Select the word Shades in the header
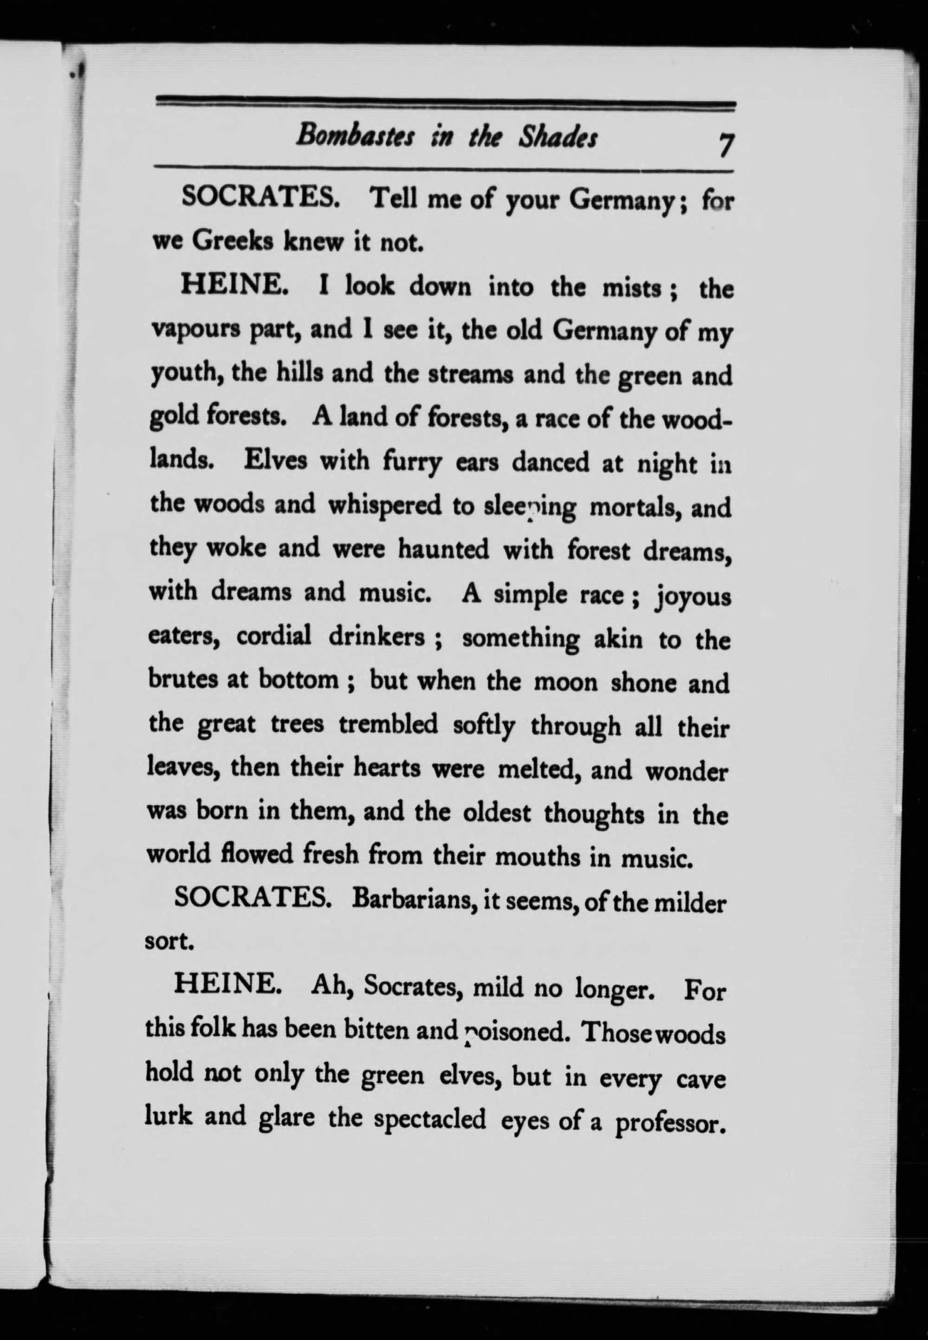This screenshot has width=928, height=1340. (x=558, y=138)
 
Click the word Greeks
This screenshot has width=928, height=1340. (x=232, y=242)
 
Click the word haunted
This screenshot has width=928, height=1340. (x=443, y=549)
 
